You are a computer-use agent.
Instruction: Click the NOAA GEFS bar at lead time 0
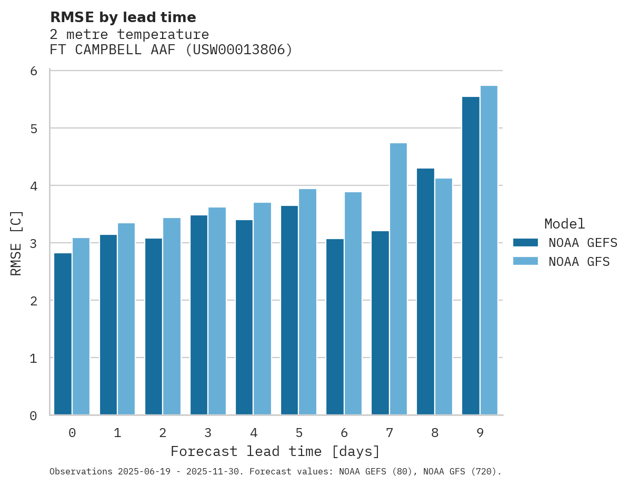click(63, 334)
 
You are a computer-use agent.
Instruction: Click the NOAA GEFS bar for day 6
click(335, 327)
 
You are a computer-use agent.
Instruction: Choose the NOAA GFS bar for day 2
click(172, 316)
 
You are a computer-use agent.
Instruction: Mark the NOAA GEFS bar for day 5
click(289, 310)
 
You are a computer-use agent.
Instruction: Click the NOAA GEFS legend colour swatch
click(525, 243)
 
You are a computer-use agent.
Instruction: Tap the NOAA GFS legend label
click(579, 262)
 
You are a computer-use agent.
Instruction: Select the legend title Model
click(564, 224)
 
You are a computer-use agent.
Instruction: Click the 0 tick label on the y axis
click(33, 416)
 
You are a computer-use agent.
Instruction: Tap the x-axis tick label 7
click(390, 433)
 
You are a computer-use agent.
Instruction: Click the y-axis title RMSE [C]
click(16, 243)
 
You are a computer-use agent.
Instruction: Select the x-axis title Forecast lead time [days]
click(275, 452)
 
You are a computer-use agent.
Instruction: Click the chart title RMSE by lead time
click(123, 17)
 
